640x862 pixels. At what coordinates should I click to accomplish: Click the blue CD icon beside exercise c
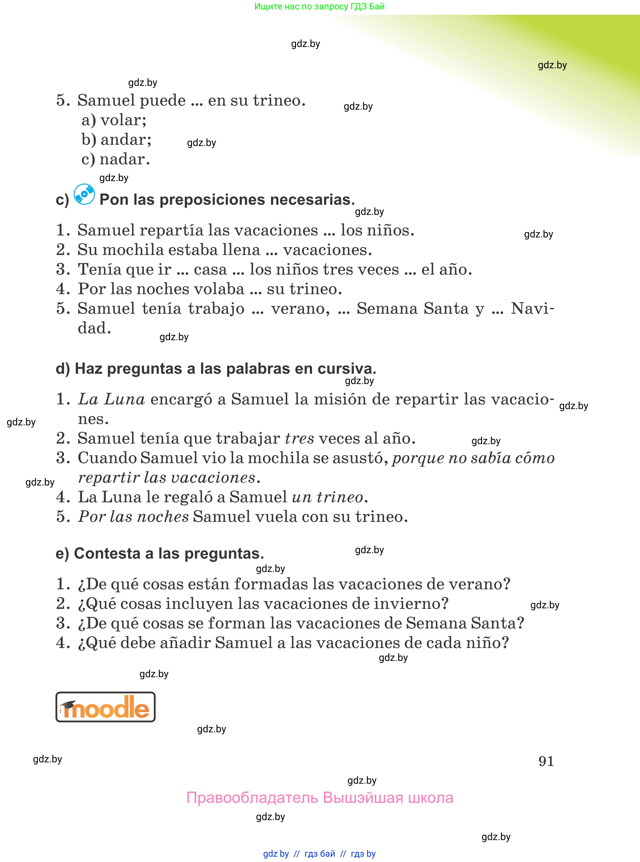click(x=84, y=194)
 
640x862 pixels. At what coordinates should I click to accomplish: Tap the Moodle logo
click(x=105, y=707)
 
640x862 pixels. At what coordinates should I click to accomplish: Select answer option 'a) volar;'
click(x=114, y=120)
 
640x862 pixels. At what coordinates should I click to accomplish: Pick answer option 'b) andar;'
click(x=116, y=139)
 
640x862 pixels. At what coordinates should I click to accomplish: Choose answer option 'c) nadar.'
click(x=116, y=159)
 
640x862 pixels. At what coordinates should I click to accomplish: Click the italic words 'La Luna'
click(x=112, y=399)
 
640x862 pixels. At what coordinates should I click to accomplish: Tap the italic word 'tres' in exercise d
click(x=299, y=439)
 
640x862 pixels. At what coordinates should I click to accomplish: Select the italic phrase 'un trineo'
click(x=327, y=497)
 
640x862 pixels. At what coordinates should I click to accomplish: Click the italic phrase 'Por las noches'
click(x=133, y=517)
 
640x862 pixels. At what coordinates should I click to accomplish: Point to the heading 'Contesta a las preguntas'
click(x=160, y=553)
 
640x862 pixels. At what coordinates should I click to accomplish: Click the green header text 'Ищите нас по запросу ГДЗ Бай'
click(x=319, y=6)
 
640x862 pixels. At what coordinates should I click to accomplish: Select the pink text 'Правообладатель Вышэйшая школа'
click(x=320, y=798)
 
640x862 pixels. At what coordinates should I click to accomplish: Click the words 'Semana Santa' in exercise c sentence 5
click(x=412, y=309)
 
